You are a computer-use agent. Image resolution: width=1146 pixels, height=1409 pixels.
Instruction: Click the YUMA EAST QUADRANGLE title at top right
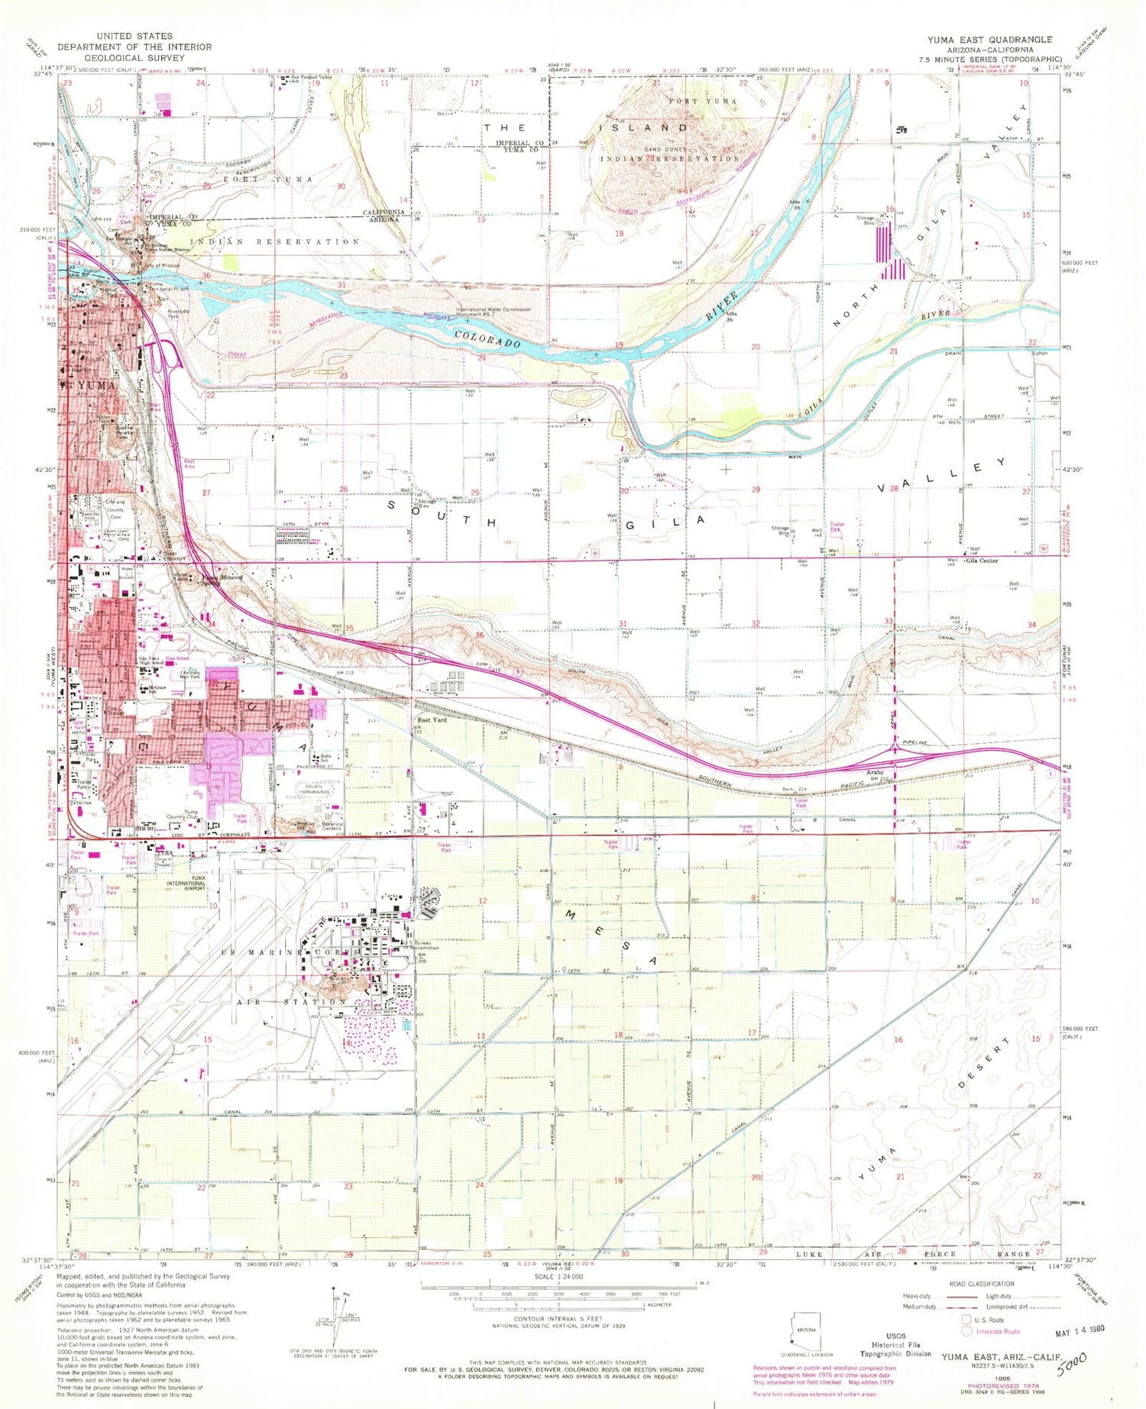[x=989, y=39]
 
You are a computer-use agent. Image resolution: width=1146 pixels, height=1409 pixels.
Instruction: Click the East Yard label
[x=432, y=719]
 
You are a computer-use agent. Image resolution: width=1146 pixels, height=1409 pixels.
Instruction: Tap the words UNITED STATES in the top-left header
[x=134, y=36]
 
